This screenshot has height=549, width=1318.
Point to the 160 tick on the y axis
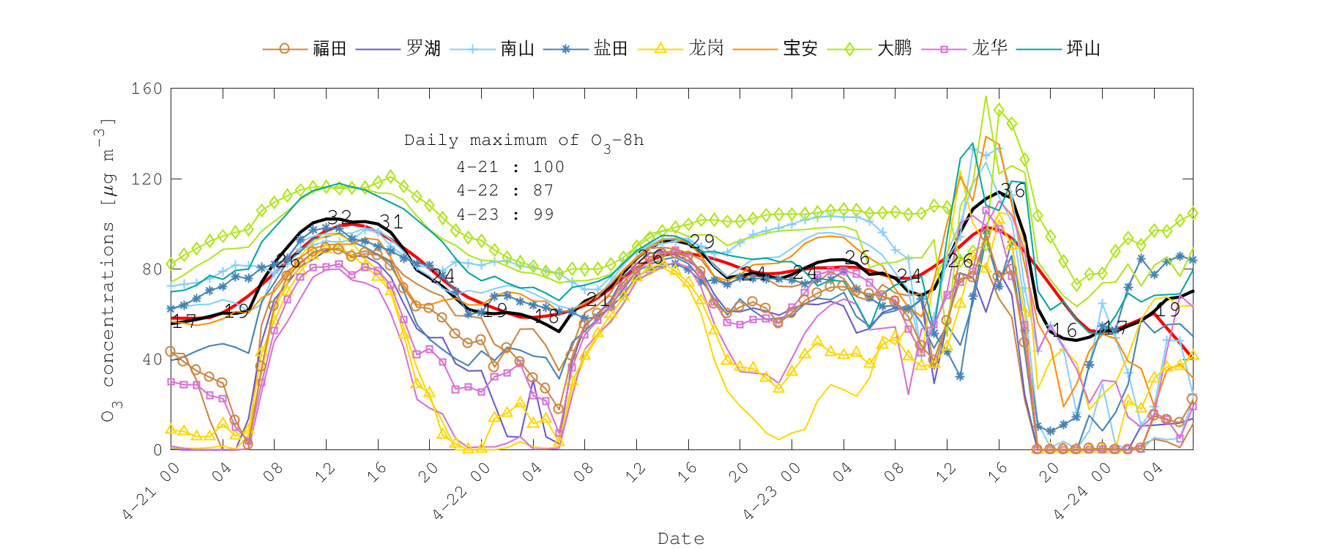pos(146,89)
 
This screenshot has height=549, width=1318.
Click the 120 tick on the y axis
pos(146,179)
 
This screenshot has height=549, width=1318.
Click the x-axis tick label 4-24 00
pos(1082,492)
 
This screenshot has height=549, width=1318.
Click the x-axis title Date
pos(681,539)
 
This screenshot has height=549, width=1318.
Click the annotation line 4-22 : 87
pos(505,190)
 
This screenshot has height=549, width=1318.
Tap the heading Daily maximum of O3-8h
pos(524,141)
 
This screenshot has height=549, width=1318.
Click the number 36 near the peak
pos(1013,191)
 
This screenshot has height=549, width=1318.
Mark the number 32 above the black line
pos(339,217)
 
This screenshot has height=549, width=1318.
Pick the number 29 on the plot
pos(701,242)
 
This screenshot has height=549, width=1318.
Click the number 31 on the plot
pos(391,223)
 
